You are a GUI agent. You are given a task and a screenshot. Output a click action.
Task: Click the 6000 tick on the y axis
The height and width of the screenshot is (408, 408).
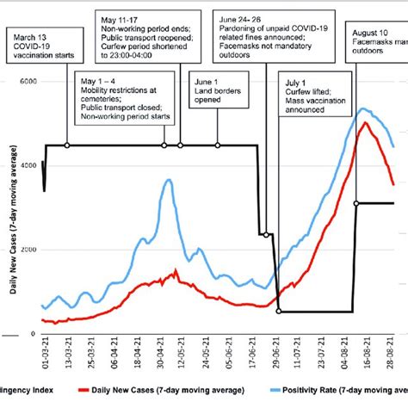(x=27, y=81)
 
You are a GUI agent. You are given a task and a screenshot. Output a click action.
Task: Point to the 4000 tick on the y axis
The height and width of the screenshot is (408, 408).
(x=27, y=165)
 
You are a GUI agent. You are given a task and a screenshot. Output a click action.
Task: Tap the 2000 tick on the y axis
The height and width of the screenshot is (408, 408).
(x=27, y=250)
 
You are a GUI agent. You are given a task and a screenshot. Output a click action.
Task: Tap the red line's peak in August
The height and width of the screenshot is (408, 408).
(x=367, y=123)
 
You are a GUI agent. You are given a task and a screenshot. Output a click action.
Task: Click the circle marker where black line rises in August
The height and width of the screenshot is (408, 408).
(x=356, y=203)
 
